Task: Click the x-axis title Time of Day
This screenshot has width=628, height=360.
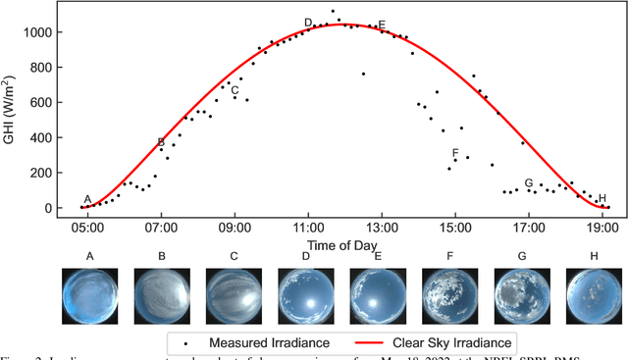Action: [342, 243]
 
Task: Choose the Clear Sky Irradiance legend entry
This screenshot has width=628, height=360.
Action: [440, 342]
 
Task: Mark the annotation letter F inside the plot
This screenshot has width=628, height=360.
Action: [455, 154]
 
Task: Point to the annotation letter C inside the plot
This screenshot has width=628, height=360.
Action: [235, 90]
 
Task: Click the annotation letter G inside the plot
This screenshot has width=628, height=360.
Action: [529, 183]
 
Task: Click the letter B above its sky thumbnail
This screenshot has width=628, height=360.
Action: [162, 258]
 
